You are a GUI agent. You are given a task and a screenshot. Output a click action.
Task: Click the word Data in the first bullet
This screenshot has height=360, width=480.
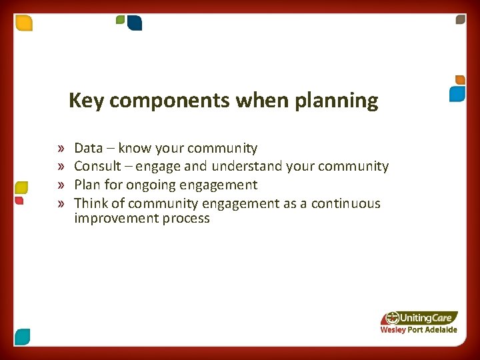88,148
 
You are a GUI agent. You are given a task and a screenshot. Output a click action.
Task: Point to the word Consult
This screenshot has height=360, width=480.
97,166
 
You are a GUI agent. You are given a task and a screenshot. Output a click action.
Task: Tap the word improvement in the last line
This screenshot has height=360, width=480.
115,219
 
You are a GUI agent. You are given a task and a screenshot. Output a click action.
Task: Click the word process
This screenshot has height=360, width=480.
185,219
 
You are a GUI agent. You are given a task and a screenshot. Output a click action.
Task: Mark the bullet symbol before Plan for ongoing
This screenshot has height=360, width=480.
61,185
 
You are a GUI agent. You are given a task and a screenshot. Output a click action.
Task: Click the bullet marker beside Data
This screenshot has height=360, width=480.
61,149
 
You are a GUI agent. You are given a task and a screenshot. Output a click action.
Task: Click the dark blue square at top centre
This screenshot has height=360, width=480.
135,23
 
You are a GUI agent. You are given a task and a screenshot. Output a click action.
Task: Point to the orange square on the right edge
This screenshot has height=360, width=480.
459,79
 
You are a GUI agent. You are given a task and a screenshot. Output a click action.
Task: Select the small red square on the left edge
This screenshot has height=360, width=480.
19,200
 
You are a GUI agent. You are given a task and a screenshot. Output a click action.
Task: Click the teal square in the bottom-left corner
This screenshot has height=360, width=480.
22,337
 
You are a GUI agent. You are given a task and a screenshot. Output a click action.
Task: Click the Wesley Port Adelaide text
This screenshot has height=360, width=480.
419,329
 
